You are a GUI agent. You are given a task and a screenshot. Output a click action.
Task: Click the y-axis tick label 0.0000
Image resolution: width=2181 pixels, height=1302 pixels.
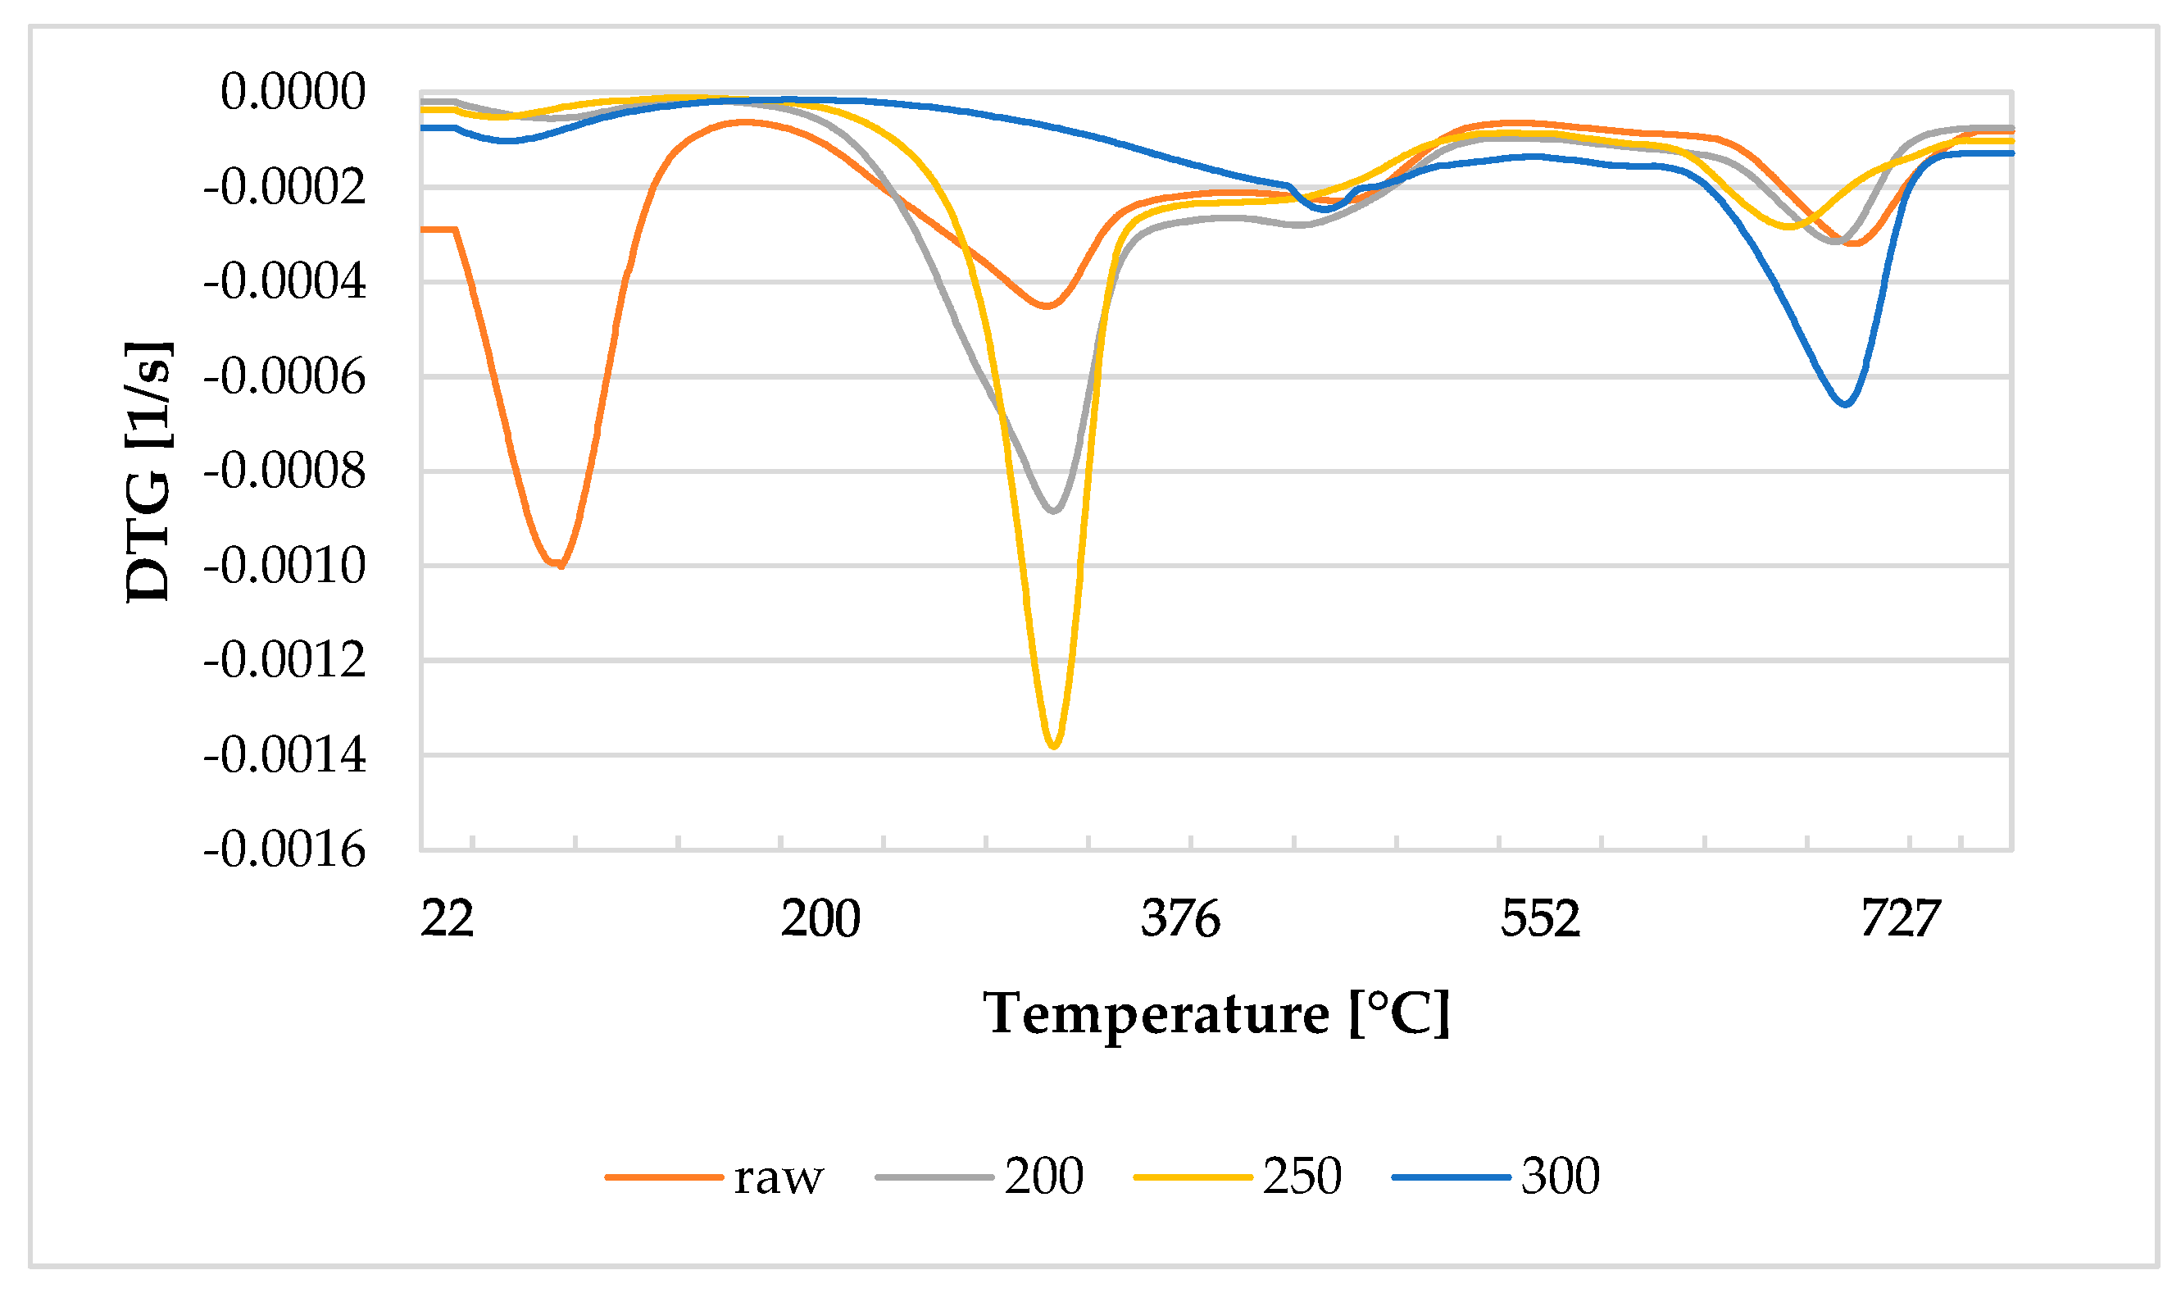(x=292, y=92)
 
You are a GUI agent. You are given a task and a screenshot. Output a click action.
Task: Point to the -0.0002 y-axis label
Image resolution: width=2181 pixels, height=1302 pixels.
(x=284, y=187)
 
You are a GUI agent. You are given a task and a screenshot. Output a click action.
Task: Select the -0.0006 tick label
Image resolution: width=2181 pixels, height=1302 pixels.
(x=284, y=377)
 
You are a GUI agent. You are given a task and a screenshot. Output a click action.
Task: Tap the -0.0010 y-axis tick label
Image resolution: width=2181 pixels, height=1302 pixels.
(x=284, y=566)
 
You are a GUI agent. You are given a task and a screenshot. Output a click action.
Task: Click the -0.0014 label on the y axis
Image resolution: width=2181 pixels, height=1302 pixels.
(x=284, y=755)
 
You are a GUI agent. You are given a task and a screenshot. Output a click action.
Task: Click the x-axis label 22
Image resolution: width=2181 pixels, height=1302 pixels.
(x=447, y=918)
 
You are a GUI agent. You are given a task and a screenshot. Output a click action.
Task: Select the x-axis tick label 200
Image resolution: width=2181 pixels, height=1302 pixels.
(x=820, y=918)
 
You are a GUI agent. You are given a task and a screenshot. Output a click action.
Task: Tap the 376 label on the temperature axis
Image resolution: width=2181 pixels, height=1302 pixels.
(x=1179, y=918)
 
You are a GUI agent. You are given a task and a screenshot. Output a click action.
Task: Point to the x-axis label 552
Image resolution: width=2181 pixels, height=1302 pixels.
(x=1540, y=918)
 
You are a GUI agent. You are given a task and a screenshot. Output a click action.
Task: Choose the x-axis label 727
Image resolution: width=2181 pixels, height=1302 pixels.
(x=1900, y=918)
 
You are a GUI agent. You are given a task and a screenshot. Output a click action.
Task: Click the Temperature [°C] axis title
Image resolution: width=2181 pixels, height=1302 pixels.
(x=1216, y=1014)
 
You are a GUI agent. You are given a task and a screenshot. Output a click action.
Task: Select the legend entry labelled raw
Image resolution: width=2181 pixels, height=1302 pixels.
(x=778, y=1177)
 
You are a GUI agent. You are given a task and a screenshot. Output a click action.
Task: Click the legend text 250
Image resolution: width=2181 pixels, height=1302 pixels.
(x=1302, y=1177)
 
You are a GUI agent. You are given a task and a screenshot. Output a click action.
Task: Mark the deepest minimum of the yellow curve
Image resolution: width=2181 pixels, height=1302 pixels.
(x=1054, y=747)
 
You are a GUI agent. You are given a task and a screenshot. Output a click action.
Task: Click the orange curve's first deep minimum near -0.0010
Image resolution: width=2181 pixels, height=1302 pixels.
(x=557, y=564)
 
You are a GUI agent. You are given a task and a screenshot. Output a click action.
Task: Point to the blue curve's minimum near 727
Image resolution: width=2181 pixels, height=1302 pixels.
(x=1845, y=404)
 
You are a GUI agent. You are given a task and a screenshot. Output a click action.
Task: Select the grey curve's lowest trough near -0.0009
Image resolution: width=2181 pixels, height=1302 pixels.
(x=1054, y=511)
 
